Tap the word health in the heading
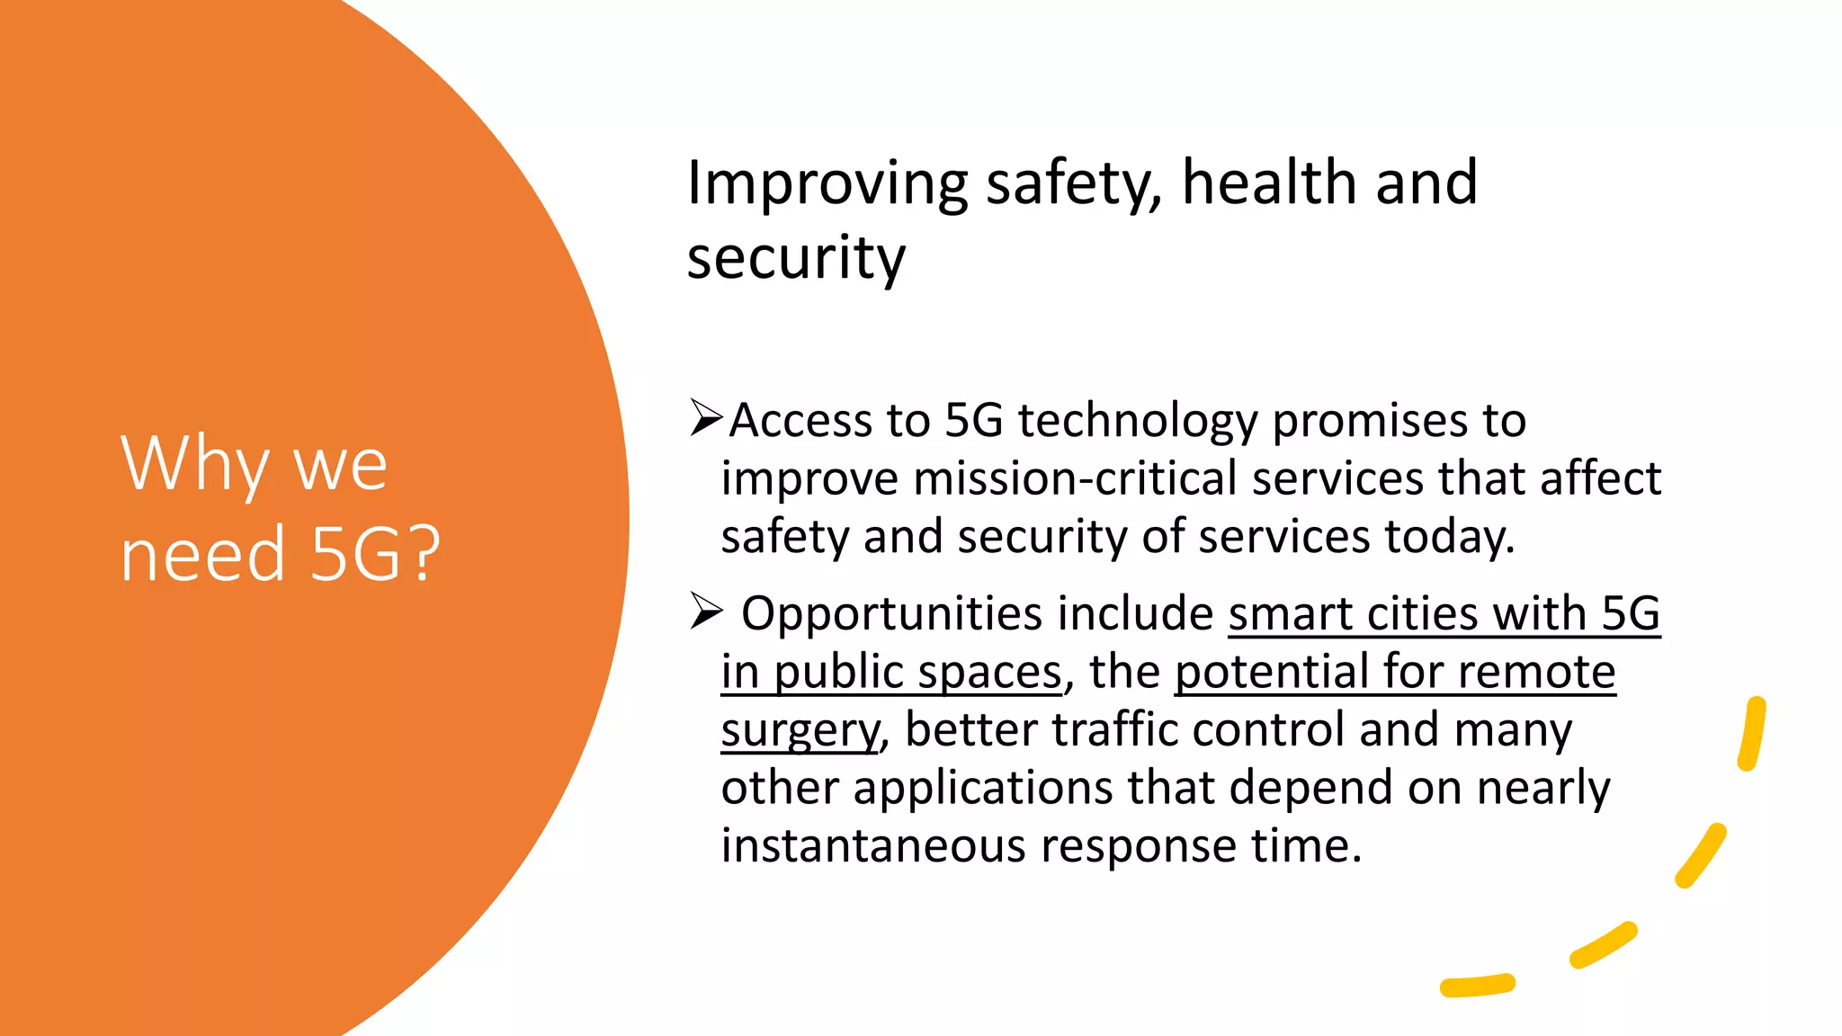[1269, 183]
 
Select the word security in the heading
[796, 259]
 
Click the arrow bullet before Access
[706, 418]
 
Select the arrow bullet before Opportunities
[706, 612]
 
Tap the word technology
[1137, 422]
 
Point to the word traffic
[1114, 729]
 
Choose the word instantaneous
[872, 846]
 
